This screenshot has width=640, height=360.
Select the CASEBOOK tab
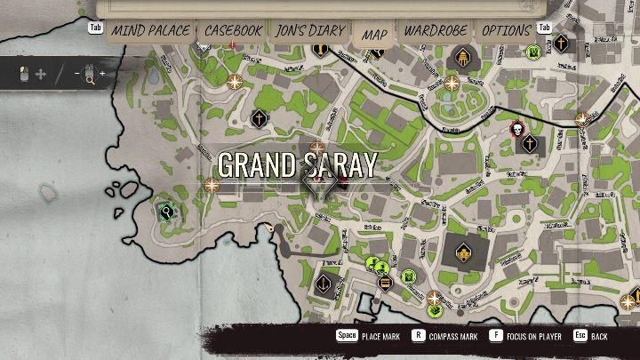(234, 31)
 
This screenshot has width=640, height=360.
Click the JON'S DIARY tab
(310, 31)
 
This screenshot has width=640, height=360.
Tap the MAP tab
(374, 34)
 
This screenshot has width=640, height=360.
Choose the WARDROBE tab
(436, 31)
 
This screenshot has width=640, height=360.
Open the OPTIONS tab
(506, 31)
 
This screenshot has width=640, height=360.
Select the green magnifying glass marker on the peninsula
(165, 212)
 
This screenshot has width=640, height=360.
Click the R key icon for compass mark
(420, 336)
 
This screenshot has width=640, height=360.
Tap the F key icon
(495, 336)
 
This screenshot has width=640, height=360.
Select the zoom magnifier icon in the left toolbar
(90, 74)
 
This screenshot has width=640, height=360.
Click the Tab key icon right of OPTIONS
(545, 28)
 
